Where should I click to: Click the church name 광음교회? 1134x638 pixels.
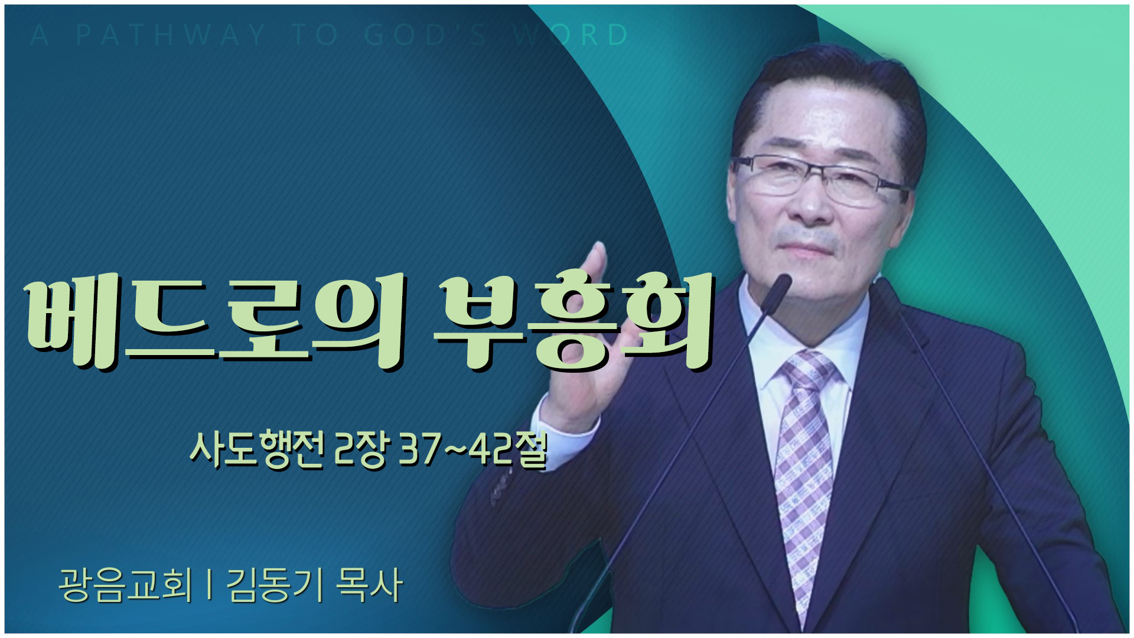pos(126,585)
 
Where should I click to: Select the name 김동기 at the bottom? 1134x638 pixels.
pos(275,585)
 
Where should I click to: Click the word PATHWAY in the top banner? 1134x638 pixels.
pos(171,35)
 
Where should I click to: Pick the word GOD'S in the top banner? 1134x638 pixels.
pos(425,35)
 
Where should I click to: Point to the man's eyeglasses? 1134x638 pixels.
pos(821,180)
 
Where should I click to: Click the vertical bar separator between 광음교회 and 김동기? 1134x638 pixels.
pos(210,585)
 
